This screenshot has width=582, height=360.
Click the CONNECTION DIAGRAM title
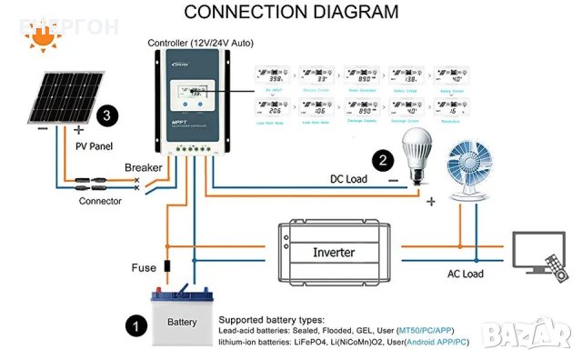tap(291, 12)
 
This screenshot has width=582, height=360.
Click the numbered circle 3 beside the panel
tap(108, 115)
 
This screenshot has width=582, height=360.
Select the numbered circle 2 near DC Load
tap(385, 161)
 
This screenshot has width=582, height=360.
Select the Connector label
tap(100, 201)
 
